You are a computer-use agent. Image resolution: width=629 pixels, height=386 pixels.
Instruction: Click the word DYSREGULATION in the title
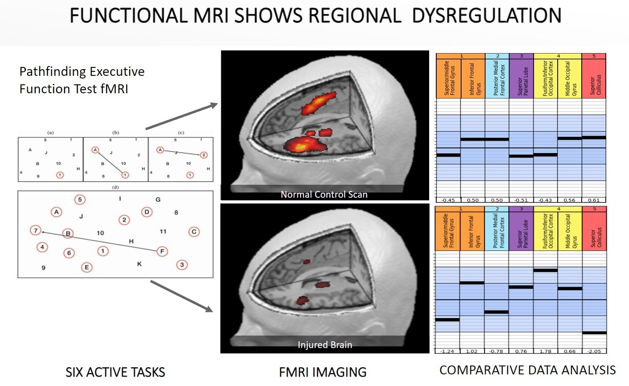(x=486, y=16)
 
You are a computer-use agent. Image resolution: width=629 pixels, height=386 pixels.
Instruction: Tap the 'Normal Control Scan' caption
(x=324, y=194)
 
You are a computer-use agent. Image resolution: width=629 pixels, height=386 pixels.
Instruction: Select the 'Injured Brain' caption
(x=325, y=345)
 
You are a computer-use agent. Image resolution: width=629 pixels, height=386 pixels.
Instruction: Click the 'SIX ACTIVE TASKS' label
(x=115, y=372)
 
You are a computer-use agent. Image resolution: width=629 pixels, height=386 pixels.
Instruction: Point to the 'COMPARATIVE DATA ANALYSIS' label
(x=527, y=370)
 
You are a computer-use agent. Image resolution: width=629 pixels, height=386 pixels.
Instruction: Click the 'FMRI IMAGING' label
(x=323, y=372)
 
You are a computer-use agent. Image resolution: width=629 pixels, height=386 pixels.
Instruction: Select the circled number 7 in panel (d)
(x=35, y=230)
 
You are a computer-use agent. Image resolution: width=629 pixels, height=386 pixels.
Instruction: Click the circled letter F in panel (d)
(x=162, y=251)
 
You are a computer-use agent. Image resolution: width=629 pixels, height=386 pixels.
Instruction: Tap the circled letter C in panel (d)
(x=194, y=232)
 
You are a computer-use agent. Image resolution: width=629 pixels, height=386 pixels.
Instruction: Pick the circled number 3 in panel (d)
(x=182, y=265)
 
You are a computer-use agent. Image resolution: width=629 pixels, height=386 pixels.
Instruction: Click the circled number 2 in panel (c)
(x=203, y=155)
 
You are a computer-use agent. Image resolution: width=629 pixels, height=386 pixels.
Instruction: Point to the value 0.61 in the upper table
(x=594, y=200)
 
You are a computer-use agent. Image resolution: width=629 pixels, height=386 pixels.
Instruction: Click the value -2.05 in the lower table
(x=594, y=351)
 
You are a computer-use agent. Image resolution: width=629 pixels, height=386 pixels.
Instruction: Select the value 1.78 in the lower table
(x=545, y=351)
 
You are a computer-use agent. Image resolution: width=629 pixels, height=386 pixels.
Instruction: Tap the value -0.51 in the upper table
(x=521, y=200)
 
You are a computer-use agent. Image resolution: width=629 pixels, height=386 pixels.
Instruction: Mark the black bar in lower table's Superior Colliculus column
(x=594, y=332)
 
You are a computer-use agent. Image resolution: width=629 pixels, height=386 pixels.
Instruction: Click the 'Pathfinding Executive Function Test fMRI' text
(x=82, y=80)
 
